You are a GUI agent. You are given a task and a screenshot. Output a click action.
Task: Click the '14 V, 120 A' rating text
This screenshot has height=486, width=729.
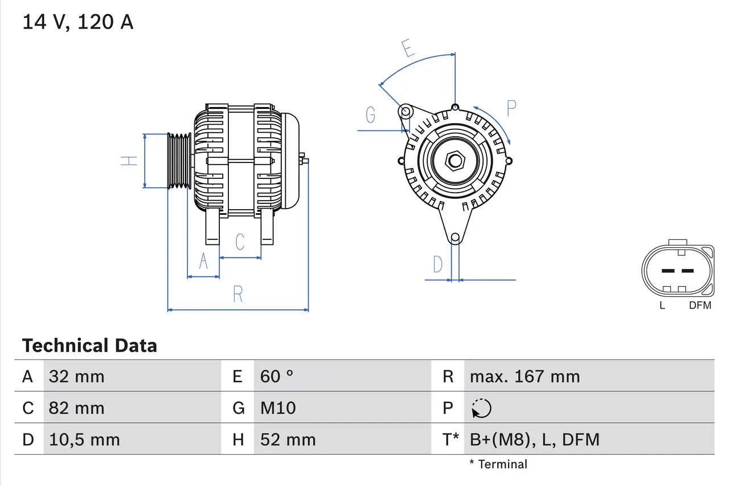(x=77, y=22)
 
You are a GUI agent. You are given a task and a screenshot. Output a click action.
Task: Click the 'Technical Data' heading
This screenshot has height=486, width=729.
(x=89, y=345)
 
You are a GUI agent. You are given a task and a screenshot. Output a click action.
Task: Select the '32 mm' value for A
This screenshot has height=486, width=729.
(x=76, y=376)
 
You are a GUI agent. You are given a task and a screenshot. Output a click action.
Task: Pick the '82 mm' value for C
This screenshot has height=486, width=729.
(x=76, y=408)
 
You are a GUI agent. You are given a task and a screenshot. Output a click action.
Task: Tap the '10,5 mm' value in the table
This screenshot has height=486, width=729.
(x=84, y=439)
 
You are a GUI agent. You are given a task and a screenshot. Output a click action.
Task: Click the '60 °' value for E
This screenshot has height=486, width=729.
(x=277, y=376)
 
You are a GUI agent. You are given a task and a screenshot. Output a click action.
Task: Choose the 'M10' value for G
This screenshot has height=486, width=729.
(x=278, y=408)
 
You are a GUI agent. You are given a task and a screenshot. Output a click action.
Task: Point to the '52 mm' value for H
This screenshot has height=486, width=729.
(x=288, y=439)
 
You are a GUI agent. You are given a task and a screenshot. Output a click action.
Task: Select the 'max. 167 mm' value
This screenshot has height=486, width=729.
(x=525, y=376)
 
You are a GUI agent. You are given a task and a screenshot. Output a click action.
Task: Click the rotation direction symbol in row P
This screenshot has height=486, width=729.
(x=481, y=408)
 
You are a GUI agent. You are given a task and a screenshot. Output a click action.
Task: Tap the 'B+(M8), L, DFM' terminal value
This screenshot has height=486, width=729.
(x=534, y=439)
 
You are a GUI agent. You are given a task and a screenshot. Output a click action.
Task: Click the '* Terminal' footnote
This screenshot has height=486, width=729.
(x=498, y=464)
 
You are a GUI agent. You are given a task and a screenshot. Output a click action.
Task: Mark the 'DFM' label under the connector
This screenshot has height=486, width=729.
(x=700, y=305)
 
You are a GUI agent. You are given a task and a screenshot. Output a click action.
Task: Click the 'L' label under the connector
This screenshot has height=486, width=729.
(x=662, y=305)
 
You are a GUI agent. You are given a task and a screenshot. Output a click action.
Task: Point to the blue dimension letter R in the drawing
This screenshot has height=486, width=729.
(x=238, y=294)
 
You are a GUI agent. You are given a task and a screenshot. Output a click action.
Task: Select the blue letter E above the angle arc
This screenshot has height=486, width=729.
(x=408, y=49)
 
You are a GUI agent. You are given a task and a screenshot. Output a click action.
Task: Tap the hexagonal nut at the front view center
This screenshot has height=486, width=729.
(x=454, y=161)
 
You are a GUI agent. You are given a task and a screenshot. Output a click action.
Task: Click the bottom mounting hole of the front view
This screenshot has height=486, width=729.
(x=455, y=238)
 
